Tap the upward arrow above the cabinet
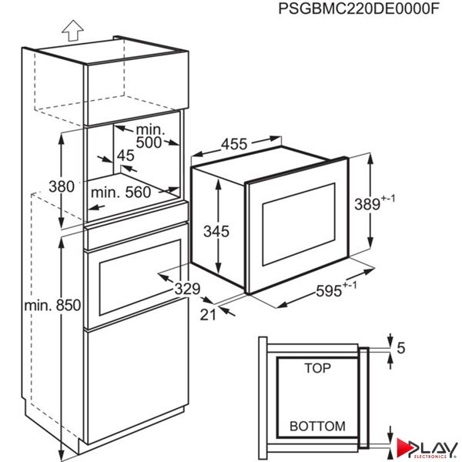click(x=72, y=31)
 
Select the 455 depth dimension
click(x=235, y=143)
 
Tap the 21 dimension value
click(x=206, y=313)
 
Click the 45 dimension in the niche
click(x=126, y=155)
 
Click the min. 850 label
click(x=52, y=305)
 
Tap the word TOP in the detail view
click(x=316, y=369)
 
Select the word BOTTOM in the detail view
click(x=317, y=425)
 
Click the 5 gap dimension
click(x=399, y=347)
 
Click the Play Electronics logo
click(x=427, y=449)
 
